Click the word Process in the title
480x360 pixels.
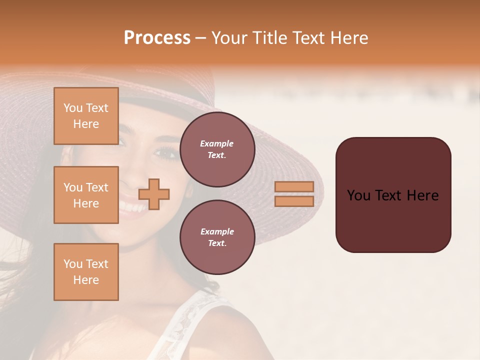point(157,38)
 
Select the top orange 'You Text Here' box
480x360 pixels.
point(86,116)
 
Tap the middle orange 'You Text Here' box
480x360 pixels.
point(86,195)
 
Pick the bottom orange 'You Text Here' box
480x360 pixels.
point(86,272)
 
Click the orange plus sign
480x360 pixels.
point(154,194)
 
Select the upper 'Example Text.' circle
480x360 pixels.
point(217,149)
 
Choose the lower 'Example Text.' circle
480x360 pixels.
point(217,237)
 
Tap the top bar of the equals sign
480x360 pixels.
point(294,187)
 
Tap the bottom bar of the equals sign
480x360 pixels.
point(294,201)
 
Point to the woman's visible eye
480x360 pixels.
point(164,152)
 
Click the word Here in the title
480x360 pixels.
point(350,38)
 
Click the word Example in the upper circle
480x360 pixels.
point(216,143)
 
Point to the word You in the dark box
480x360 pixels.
point(358,195)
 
